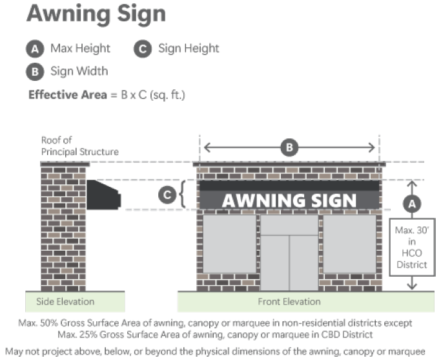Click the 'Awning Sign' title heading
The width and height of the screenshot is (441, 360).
(96, 14)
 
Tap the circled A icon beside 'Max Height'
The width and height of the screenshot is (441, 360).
(35, 48)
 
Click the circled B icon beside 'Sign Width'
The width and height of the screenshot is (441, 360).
(35, 71)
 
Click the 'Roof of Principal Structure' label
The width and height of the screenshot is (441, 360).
(79, 145)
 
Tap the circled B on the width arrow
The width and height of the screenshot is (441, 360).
(289, 148)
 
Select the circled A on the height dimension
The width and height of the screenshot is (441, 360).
(411, 202)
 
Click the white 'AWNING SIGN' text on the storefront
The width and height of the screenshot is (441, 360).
(289, 200)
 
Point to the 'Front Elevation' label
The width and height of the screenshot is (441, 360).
(289, 302)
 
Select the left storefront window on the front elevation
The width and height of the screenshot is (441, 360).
(230, 244)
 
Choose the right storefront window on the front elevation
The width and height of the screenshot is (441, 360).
(349, 244)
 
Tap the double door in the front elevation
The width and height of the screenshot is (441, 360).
(289, 262)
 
